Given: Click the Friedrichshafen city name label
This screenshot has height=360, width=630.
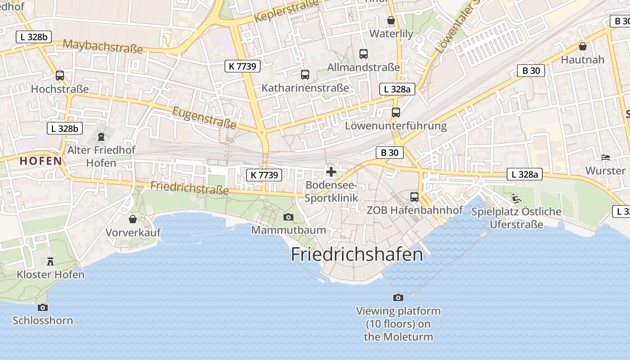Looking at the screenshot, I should (x=357, y=255).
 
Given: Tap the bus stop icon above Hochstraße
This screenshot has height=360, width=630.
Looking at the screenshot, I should (x=60, y=76).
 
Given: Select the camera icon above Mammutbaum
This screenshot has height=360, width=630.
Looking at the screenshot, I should (x=288, y=217).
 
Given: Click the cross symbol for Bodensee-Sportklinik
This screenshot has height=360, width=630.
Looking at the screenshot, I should (x=331, y=171).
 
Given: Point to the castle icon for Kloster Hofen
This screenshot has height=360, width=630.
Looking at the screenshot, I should (x=50, y=261).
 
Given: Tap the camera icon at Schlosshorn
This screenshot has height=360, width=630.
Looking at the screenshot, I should (x=43, y=307).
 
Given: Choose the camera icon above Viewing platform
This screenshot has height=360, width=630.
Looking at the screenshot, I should (x=398, y=297).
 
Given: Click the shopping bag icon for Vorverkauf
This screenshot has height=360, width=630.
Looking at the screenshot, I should (x=133, y=219).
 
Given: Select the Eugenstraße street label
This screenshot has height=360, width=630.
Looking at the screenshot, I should (x=204, y=117).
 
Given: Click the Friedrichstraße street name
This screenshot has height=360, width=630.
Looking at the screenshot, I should (x=189, y=188).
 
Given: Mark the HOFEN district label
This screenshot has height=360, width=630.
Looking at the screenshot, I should (x=40, y=161).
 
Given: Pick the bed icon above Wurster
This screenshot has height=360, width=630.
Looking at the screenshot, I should (x=606, y=157).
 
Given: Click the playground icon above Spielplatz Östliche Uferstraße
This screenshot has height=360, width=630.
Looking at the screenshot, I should (x=517, y=198).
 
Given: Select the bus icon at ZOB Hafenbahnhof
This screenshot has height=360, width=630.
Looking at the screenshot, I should (x=414, y=197).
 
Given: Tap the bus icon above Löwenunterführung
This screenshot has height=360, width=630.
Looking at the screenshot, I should (x=396, y=112).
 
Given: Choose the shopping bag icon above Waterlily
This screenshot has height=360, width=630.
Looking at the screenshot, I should (x=391, y=20).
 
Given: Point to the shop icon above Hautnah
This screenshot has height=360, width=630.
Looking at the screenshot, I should (x=583, y=46).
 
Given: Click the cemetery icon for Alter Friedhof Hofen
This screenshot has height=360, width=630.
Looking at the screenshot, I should (x=101, y=136).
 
